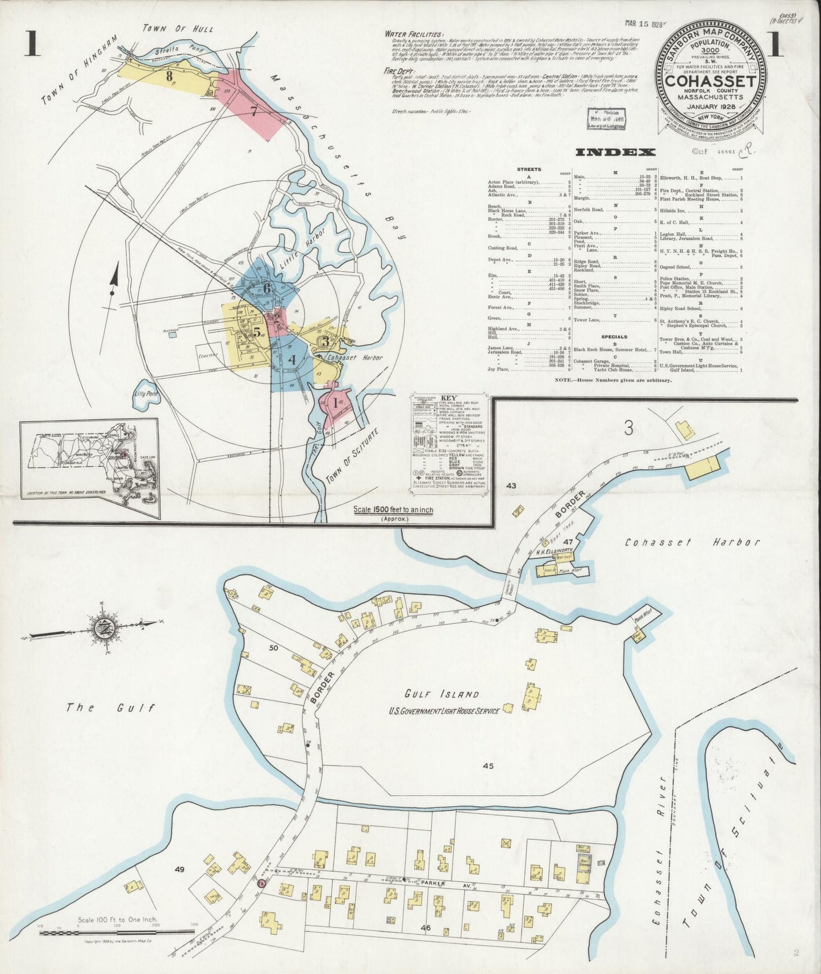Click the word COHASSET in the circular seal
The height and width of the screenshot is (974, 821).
(x=710, y=82)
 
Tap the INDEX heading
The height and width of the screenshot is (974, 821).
(x=615, y=152)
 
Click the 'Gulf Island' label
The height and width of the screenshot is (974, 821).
(x=441, y=694)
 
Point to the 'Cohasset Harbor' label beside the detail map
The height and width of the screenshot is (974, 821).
(x=692, y=542)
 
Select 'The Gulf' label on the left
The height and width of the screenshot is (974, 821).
(x=110, y=707)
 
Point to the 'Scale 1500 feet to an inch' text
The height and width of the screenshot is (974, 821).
(x=393, y=510)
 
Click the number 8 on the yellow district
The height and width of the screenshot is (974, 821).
(x=169, y=74)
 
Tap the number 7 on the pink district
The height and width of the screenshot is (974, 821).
(x=253, y=111)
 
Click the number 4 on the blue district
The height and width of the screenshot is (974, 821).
(x=292, y=359)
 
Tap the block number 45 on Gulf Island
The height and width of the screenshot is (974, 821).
(x=487, y=765)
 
